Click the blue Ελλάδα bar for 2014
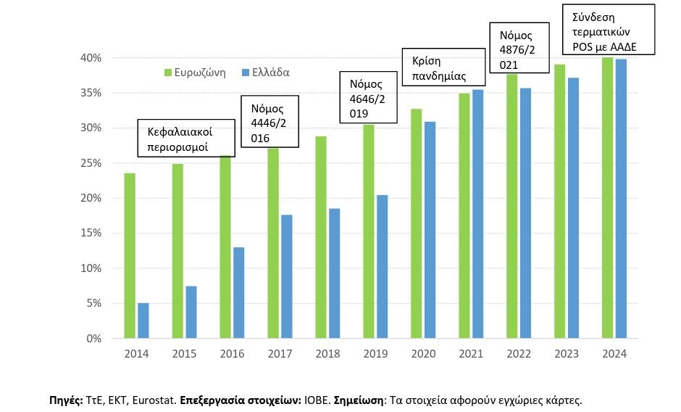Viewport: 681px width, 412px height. point(143,321)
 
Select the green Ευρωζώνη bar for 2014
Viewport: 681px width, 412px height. point(130,255)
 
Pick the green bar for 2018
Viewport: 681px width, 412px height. point(320,237)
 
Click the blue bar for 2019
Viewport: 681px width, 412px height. point(382,266)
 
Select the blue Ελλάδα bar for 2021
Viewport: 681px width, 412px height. point(477,214)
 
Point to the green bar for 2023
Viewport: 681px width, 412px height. point(559,201)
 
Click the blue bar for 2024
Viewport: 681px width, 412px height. point(620,199)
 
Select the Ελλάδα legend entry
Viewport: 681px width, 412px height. point(265,73)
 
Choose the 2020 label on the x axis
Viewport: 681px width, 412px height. point(424,354)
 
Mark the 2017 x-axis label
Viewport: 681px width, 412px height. point(280,354)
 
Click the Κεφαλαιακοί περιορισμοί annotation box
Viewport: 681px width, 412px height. point(188,139)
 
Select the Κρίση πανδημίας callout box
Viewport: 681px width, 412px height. point(443,67)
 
